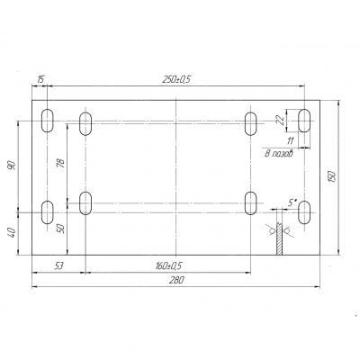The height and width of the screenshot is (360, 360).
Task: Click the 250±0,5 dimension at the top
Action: [x=176, y=79]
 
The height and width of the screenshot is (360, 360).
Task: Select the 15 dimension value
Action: [x=40, y=80]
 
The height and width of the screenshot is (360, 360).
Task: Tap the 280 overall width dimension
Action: [x=176, y=281]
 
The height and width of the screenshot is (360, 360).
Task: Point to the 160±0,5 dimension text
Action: [x=169, y=265]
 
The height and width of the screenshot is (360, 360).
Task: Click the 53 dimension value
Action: [x=59, y=265]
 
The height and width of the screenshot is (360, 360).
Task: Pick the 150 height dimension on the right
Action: [x=332, y=176]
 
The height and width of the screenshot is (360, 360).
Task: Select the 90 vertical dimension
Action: [x=12, y=166]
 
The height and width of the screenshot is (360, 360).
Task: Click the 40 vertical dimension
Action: [x=12, y=232]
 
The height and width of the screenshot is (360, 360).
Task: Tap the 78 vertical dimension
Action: [x=61, y=163]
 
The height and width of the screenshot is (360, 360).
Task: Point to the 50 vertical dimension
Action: [x=61, y=229]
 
